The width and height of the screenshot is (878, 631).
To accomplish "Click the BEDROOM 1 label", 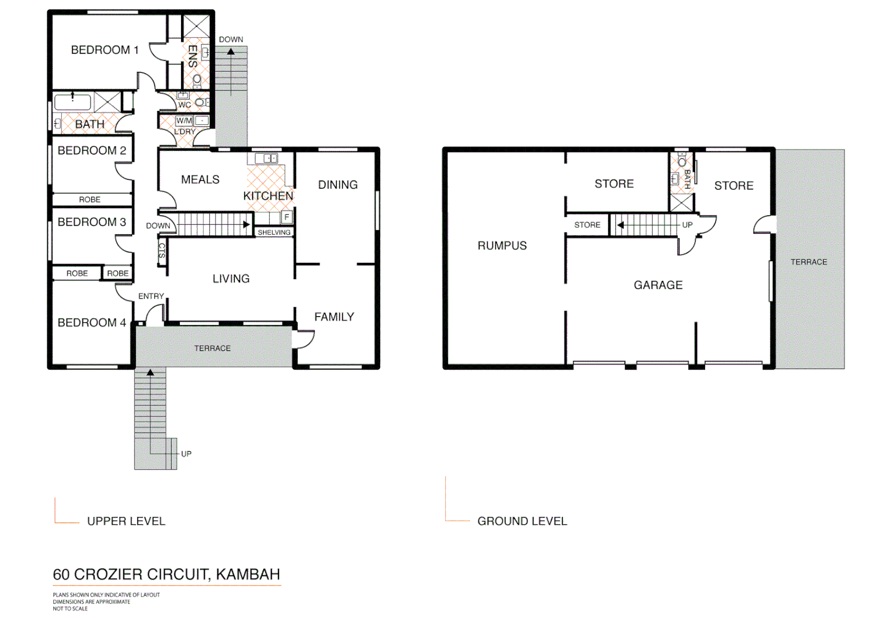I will click(x=105, y=50).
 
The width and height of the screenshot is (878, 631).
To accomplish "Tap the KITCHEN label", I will click(x=268, y=196).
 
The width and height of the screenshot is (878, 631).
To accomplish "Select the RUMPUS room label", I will click(x=502, y=246).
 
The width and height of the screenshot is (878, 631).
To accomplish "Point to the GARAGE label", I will click(x=658, y=285).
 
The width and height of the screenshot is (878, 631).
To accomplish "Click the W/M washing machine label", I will click(x=184, y=121).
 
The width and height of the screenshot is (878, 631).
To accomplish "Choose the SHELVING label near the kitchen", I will click(x=274, y=233).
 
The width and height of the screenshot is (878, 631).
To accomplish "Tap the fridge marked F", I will click(x=287, y=217).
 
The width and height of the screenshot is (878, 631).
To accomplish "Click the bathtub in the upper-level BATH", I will click(x=72, y=102).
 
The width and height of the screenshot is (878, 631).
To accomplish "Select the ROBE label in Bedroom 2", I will click(x=89, y=200).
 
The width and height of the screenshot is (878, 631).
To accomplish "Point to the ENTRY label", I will click(x=151, y=296).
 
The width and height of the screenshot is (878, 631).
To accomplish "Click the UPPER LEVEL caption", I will click(x=126, y=521).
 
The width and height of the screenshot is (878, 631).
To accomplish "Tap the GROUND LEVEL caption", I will click(x=522, y=521).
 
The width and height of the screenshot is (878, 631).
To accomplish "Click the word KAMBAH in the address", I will click(x=248, y=574).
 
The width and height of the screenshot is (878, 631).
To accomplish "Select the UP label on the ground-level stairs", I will click(x=687, y=225).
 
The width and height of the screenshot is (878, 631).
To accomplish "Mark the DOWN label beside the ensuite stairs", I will click(x=231, y=40).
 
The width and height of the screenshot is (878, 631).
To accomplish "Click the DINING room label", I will click(x=338, y=185).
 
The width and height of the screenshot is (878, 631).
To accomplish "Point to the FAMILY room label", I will click(x=334, y=317).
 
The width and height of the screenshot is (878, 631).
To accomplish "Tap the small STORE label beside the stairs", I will click(x=587, y=225).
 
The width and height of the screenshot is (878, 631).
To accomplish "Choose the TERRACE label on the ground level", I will click(x=808, y=262).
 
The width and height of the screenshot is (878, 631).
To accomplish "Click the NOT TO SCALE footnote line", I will click(x=70, y=609).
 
